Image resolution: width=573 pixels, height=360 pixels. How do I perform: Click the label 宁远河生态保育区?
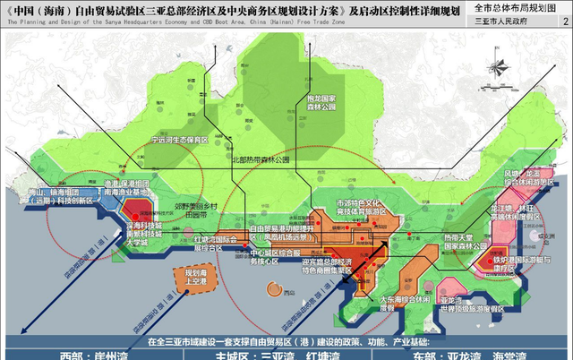178,141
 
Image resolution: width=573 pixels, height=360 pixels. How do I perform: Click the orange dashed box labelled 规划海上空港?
195,277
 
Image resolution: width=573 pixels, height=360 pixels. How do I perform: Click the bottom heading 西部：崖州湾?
81,354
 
